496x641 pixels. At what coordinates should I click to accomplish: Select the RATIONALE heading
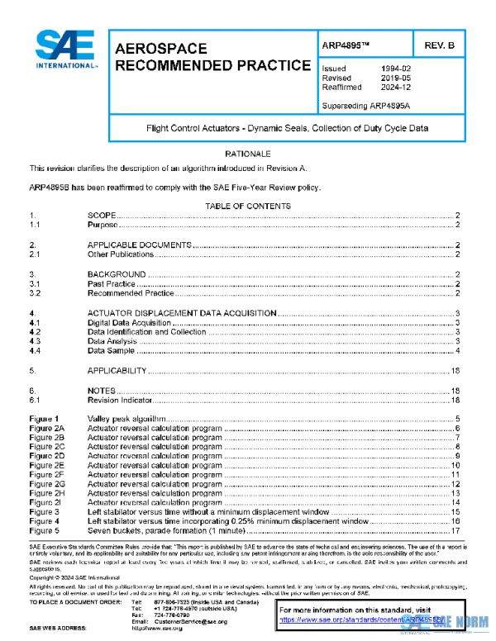click(x=248, y=154)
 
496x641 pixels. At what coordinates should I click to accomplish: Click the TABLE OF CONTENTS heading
click(x=247, y=206)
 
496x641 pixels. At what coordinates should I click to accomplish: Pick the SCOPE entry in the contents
click(x=102, y=215)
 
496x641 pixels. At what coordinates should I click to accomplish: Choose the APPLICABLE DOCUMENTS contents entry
click(x=139, y=245)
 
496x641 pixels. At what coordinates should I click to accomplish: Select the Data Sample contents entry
click(x=111, y=351)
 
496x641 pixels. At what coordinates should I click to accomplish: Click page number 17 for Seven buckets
click(x=455, y=531)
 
